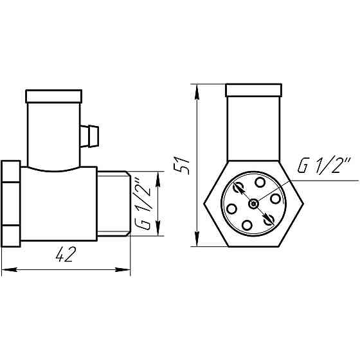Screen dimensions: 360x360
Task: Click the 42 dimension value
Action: point(62,255)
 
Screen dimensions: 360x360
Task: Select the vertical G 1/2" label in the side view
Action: point(143,204)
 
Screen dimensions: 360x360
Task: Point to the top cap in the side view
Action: point(53,97)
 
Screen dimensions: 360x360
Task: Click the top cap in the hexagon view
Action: point(253,90)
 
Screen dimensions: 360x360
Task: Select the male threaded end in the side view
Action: point(113,204)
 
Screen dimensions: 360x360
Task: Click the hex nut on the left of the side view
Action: point(12,204)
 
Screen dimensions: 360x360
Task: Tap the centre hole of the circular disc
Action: point(255,203)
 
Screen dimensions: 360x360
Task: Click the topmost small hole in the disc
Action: point(259,183)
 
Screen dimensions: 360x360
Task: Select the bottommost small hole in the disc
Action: point(248,224)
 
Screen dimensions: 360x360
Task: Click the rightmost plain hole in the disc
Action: point(275,199)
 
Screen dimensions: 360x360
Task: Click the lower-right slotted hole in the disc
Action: point(269,219)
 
